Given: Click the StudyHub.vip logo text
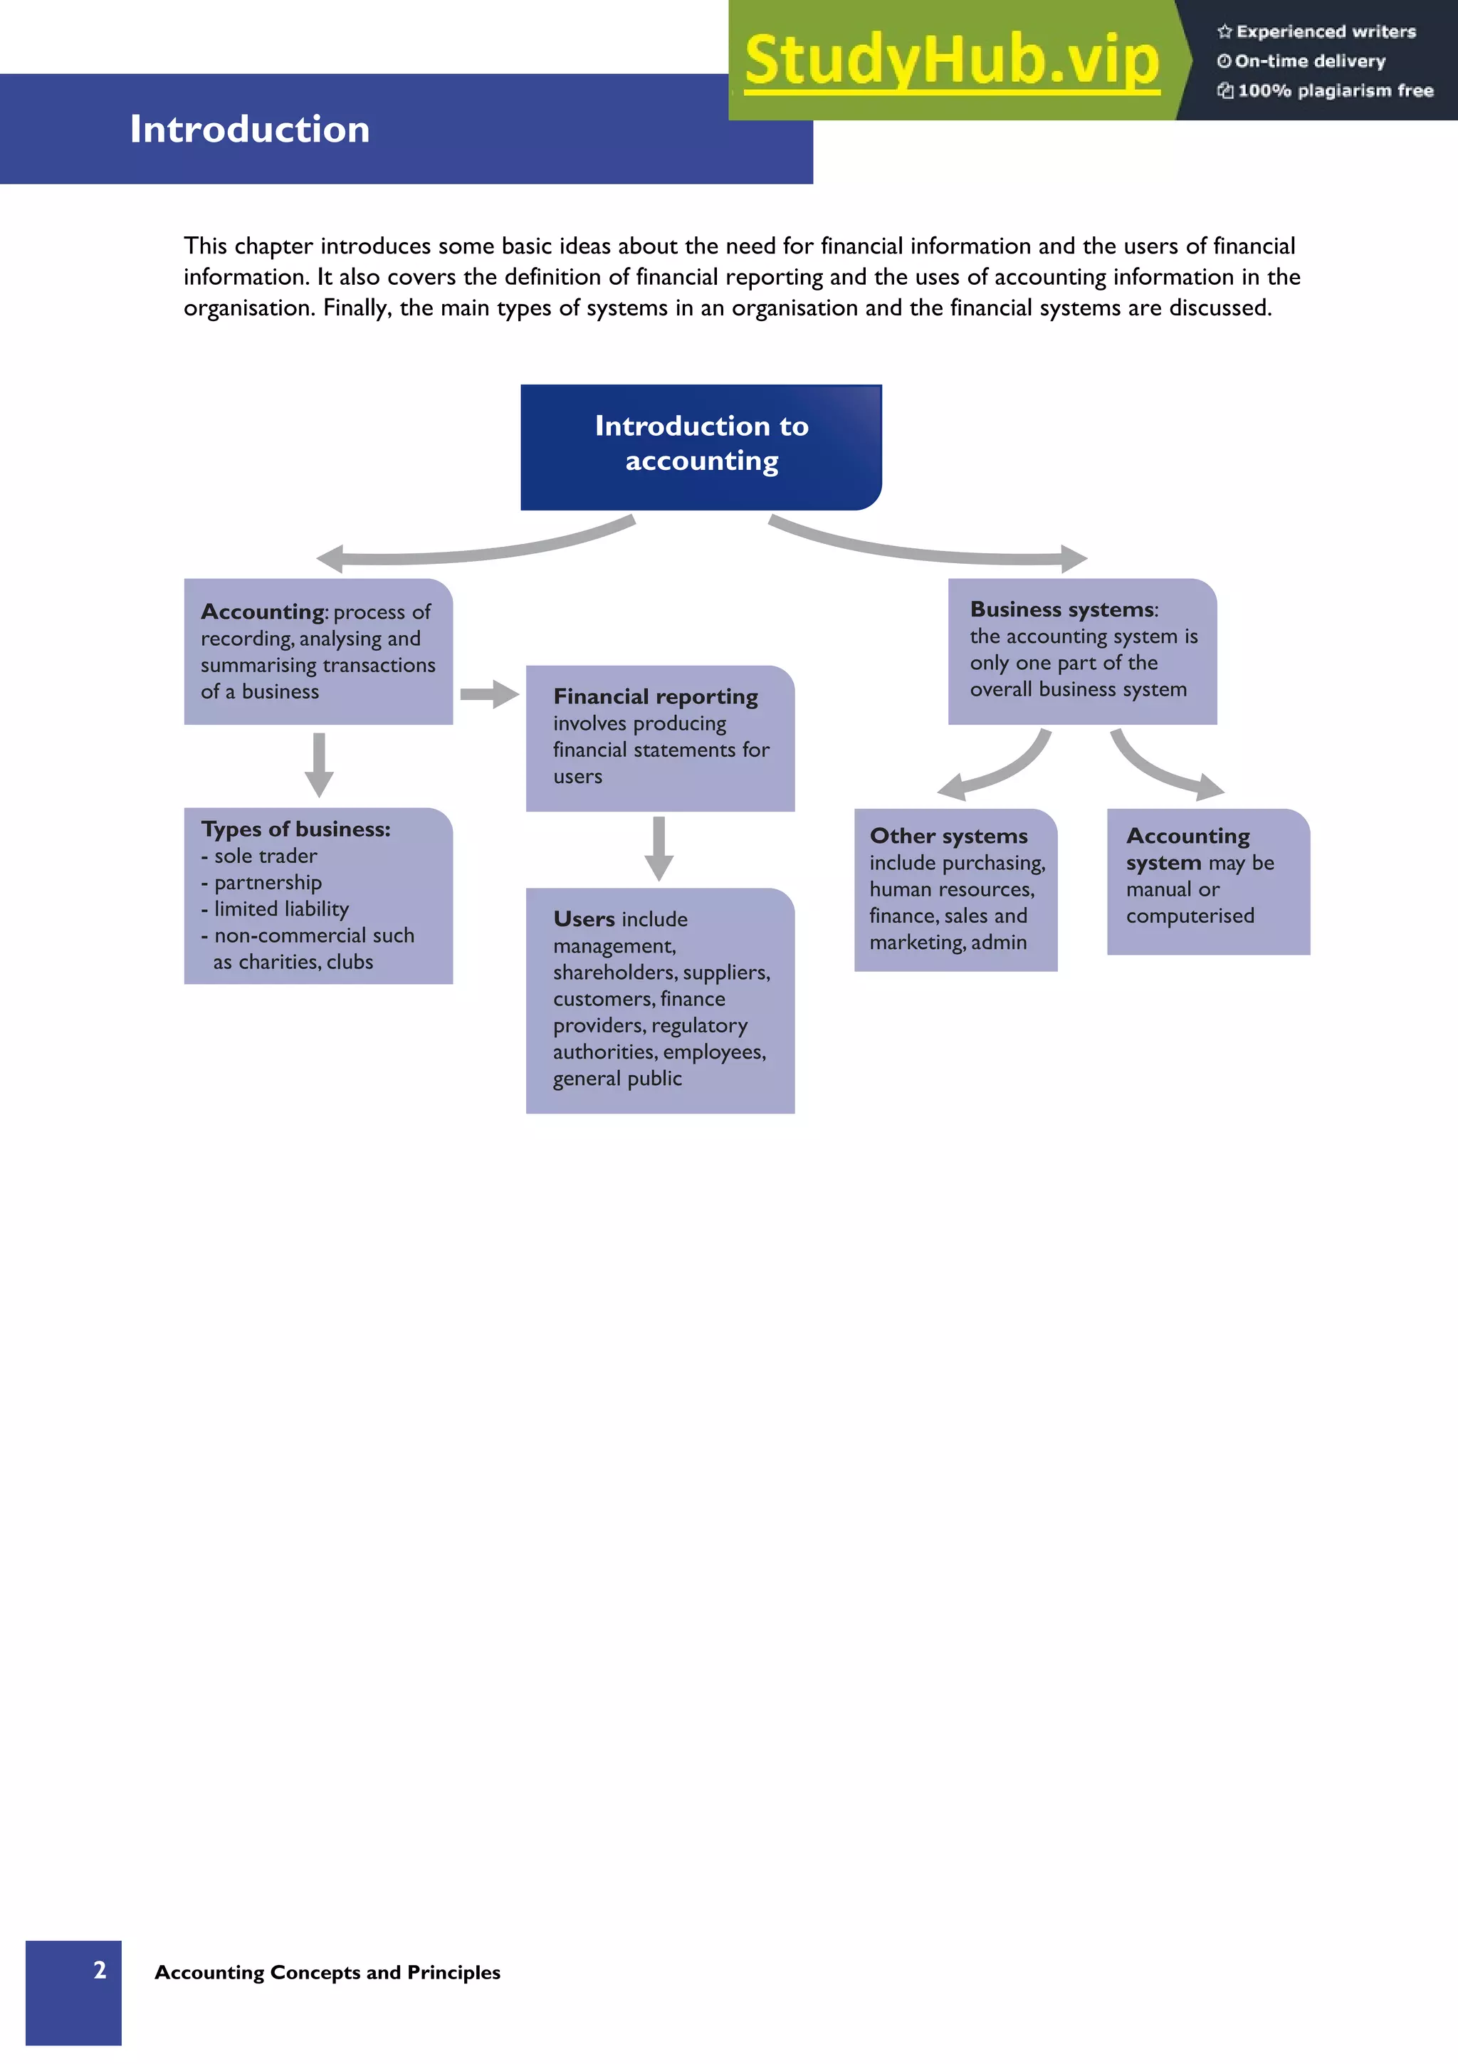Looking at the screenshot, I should pos(951,61).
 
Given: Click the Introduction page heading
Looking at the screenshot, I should pos(250,130).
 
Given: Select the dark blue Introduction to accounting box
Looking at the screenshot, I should pos(701,447).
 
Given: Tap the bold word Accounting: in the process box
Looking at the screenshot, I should pos(263,612).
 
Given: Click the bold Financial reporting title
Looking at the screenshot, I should pos(655,697).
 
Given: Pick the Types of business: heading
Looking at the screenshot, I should pos(295,829).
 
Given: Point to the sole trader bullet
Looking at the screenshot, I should pos(265,856).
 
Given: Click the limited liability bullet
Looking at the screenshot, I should pos(280,909).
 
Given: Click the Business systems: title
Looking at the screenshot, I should pos(1064,609).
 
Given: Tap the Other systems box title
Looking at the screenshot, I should pos(948,836).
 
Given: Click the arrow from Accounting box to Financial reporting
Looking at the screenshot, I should pos(489,694).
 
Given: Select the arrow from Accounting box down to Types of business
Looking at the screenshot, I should pos(319,764).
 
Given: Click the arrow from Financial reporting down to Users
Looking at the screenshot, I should pos(659,848).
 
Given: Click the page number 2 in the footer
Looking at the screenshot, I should pos(100,1969).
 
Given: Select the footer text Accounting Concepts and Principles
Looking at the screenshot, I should pos(327,1972).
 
